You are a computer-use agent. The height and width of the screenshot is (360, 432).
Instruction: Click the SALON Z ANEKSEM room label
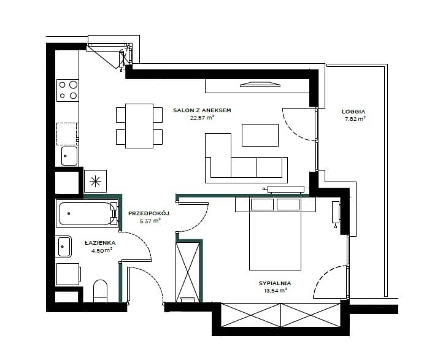coord(202,110)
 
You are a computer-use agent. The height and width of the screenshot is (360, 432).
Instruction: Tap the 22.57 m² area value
coord(202,118)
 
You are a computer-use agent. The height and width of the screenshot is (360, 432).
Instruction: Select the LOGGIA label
coord(353,112)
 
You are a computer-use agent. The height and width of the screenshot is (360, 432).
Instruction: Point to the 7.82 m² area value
coord(355,119)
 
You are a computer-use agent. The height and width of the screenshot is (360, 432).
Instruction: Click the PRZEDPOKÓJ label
coord(148,213)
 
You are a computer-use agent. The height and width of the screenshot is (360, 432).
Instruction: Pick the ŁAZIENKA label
coord(100,243)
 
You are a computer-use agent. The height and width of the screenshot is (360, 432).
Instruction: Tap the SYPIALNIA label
coord(275,283)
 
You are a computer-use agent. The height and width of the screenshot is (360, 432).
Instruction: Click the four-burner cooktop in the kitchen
coord(67,90)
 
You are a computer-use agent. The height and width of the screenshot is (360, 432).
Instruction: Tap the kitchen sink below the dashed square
coord(69,156)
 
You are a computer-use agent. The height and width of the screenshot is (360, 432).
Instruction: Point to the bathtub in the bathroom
coord(87,213)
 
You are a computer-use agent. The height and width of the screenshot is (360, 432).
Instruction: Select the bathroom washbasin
coord(64,247)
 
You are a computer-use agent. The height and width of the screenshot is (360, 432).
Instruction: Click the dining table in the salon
coord(139,126)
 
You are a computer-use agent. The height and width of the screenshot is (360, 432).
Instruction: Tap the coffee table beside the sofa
coord(260,135)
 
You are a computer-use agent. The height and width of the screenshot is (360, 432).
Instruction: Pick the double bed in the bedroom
coord(275,234)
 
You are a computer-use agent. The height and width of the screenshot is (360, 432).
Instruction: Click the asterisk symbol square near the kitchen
coord(95,181)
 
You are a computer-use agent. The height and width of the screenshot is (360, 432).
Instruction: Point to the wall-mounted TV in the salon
coord(260,85)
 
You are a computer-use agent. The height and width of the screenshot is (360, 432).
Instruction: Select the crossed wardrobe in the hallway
coord(188,272)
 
